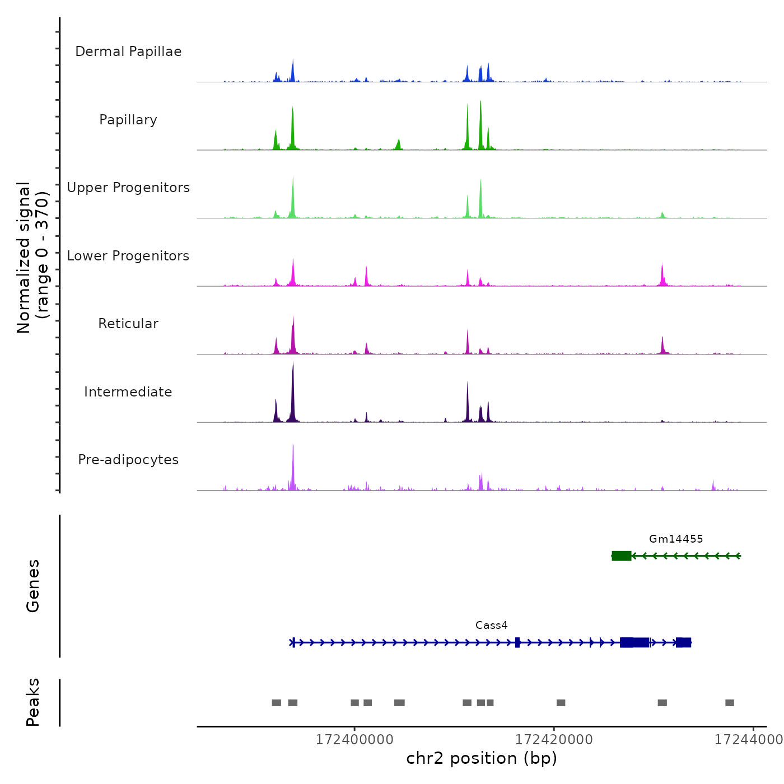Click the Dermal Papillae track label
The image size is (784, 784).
(128, 52)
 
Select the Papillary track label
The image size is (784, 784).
(128, 120)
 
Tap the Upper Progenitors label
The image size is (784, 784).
(128, 188)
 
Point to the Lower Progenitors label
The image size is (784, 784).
(128, 256)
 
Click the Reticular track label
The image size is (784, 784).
(128, 324)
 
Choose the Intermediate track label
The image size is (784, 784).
(128, 392)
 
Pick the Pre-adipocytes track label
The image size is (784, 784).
(128, 460)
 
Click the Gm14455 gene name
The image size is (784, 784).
(676, 539)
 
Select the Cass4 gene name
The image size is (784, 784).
(491, 625)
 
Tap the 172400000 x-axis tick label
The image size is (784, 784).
(354, 740)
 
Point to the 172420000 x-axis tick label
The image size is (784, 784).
(554, 740)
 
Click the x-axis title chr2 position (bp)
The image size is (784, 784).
(482, 758)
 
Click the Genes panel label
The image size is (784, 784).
(33, 586)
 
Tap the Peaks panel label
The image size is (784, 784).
(33, 702)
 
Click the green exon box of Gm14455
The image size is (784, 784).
(622, 556)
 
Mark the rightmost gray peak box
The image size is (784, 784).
(729, 703)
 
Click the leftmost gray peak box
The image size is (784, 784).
(276, 703)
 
